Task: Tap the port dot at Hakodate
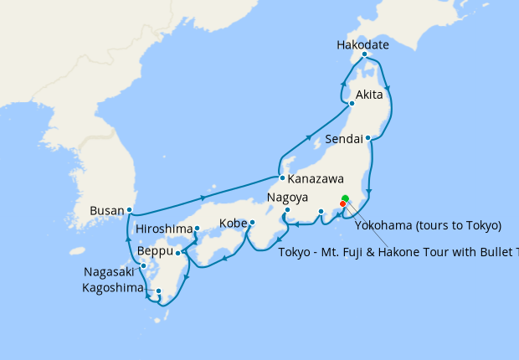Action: [x=365, y=54]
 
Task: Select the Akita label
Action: [x=369, y=94]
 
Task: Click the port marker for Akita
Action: [x=352, y=104]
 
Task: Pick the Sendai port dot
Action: [x=368, y=137]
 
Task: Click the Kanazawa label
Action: [x=316, y=179]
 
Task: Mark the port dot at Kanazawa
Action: [x=283, y=178]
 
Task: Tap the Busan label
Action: [x=106, y=210]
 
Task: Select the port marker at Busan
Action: [x=129, y=209]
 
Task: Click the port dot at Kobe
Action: [x=252, y=223]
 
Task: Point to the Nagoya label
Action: [x=289, y=198]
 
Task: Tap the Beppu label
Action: [x=156, y=251]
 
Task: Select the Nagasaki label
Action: [x=110, y=271]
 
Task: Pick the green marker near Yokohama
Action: [x=345, y=198]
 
